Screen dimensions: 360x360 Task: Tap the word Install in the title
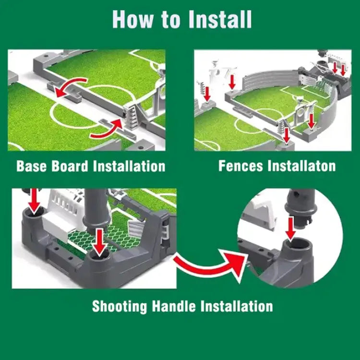tap(220, 19)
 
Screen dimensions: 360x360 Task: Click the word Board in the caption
tap(71, 167)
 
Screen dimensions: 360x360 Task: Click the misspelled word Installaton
tap(302, 167)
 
